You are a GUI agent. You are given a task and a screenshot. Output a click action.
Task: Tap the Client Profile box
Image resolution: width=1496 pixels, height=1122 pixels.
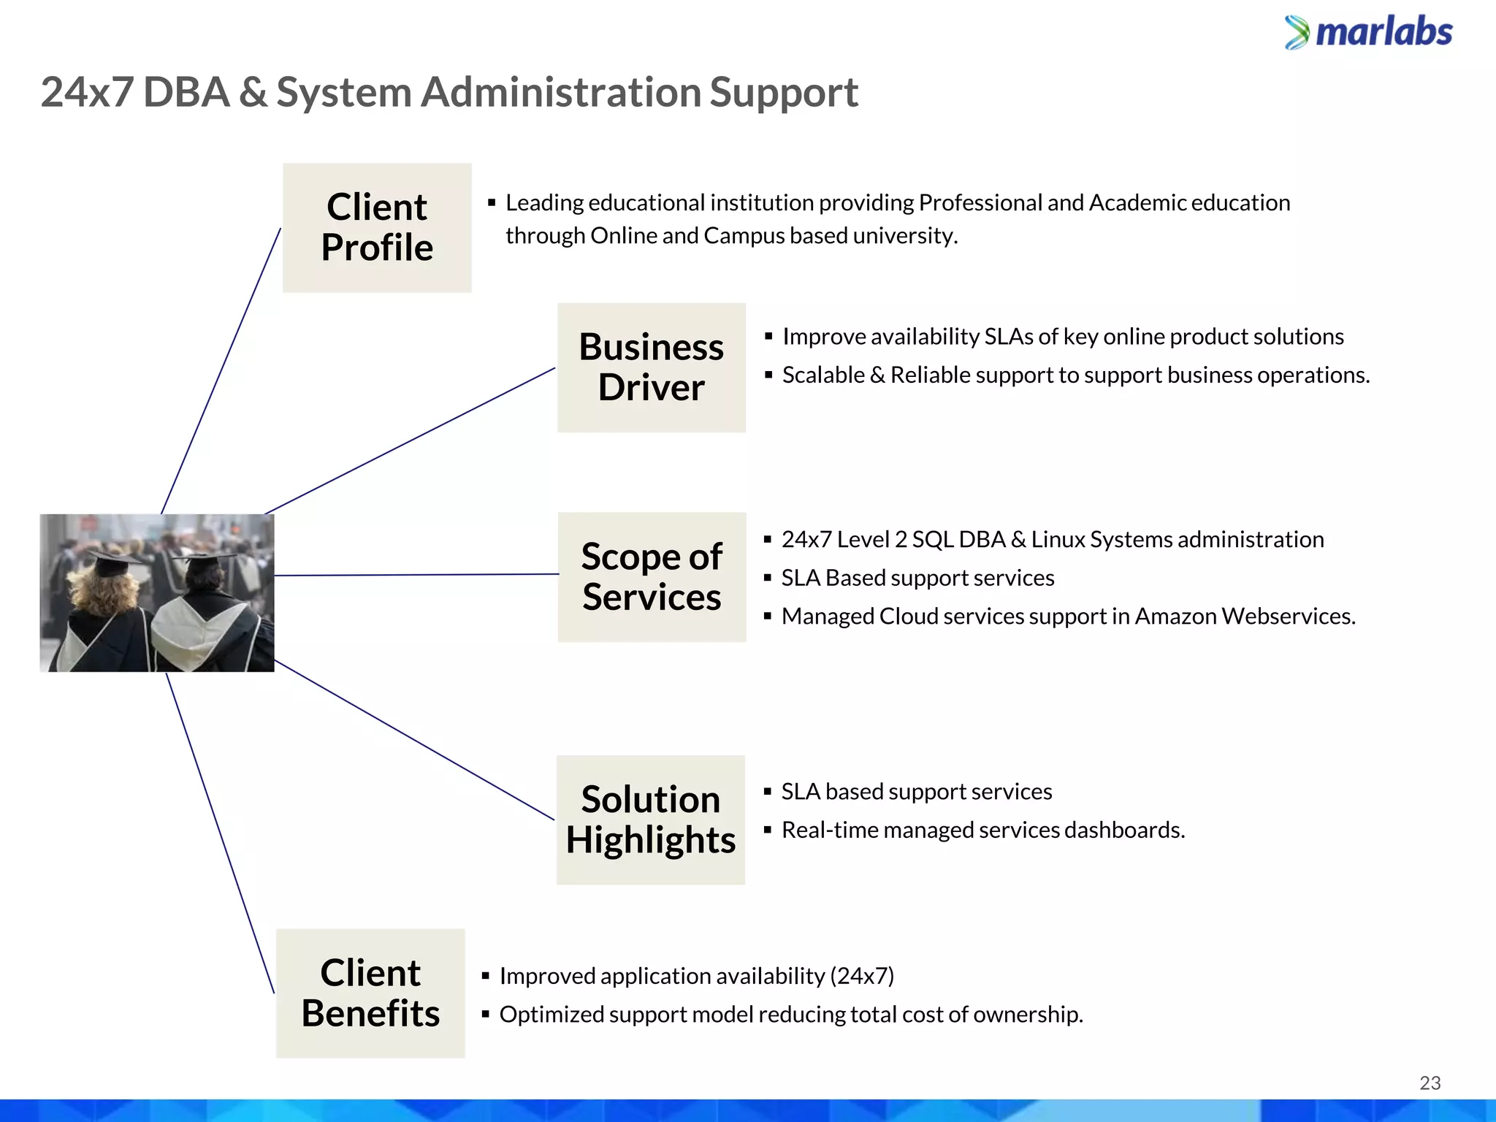[377, 228]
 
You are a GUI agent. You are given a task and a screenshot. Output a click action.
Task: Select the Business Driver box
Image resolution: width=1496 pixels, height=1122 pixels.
[651, 367]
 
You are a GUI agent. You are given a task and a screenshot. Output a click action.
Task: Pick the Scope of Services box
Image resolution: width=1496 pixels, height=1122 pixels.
[652, 577]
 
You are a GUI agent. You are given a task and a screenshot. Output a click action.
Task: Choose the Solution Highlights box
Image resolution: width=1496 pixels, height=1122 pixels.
[650, 820]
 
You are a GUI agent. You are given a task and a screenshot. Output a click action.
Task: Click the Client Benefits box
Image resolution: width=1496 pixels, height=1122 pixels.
[370, 993]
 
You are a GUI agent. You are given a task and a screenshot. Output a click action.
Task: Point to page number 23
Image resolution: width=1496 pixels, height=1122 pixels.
[1430, 1083]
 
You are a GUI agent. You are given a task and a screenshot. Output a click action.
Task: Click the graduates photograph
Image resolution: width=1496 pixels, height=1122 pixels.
[157, 593]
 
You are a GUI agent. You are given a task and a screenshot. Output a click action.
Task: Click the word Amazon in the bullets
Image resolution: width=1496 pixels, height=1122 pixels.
[1175, 617]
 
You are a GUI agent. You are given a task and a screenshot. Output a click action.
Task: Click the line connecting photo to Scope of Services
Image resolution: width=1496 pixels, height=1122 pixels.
[416, 575]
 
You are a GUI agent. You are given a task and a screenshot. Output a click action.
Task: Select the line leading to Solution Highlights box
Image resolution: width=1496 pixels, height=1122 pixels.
[414, 740]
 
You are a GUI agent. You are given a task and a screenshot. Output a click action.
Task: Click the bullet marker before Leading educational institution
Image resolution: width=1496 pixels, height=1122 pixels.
[492, 202]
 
